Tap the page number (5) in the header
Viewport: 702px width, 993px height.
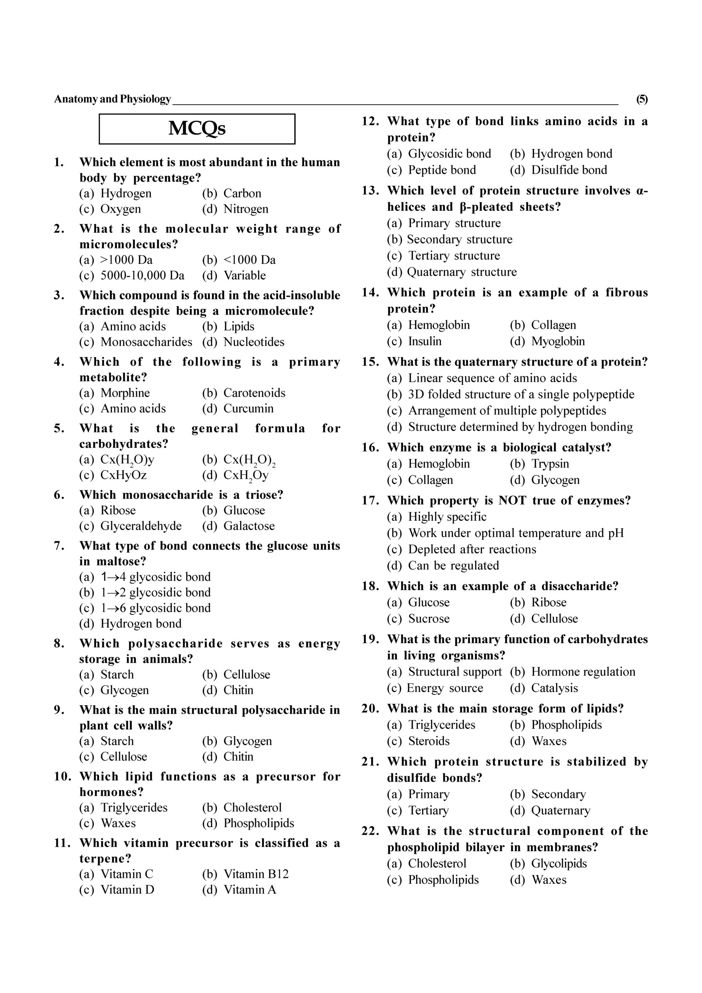tap(641, 99)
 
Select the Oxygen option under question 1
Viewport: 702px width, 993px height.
tap(121, 209)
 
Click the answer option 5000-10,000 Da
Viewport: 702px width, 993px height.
tap(142, 275)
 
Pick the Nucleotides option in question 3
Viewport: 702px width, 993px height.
tap(254, 342)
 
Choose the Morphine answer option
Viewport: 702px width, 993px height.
tap(125, 393)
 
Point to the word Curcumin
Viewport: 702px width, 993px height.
tap(248, 409)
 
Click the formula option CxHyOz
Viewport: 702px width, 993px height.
tap(124, 475)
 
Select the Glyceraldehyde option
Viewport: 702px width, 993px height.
tap(141, 526)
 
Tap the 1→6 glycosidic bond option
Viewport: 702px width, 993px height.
tap(156, 608)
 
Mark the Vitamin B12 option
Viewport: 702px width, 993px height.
tap(256, 874)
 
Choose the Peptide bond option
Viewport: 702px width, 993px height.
tap(442, 170)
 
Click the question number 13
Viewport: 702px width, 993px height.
tap(370, 191)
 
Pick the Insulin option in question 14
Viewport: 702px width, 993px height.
tap(425, 341)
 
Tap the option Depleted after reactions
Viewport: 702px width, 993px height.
tap(472, 549)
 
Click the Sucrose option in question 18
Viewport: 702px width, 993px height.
tap(429, 619)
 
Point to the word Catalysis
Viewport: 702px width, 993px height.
tap(555, 688)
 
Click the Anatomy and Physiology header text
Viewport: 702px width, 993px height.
tap(112, 99)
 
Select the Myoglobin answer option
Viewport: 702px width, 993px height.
tap(558, 341)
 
